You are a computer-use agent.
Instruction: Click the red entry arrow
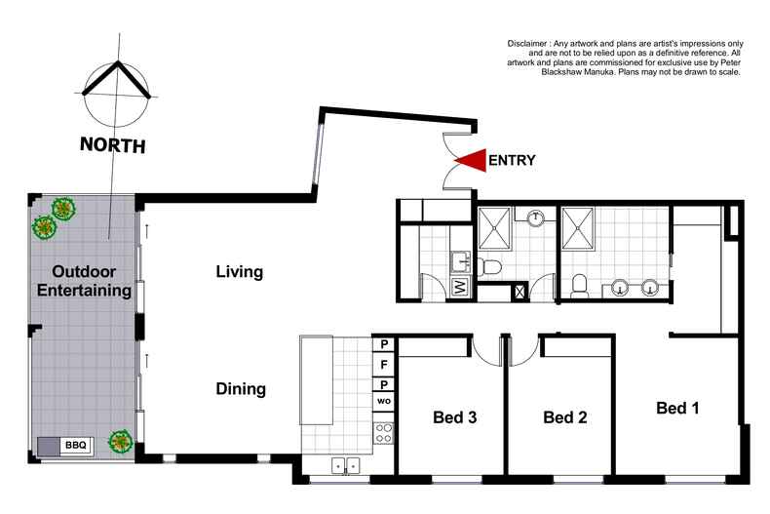pos(471,161)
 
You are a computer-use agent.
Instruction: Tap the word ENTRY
pos(512,161)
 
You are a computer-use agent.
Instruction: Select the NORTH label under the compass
pos(113,146)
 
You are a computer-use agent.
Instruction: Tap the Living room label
pos(240,272)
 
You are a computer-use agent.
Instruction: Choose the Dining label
pos(241,389)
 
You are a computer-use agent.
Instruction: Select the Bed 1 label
pos(677,408)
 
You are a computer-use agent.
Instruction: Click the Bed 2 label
pos(564,417)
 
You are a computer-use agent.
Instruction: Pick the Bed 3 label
pos(453,417)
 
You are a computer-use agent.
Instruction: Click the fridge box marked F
pos(384,365)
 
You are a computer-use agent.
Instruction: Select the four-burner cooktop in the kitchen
pos(384,432)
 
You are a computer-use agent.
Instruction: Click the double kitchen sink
pos(345,465)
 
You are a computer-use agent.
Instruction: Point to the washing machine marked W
pos(461,287)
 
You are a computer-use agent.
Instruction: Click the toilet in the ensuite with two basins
pos(579,284)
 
